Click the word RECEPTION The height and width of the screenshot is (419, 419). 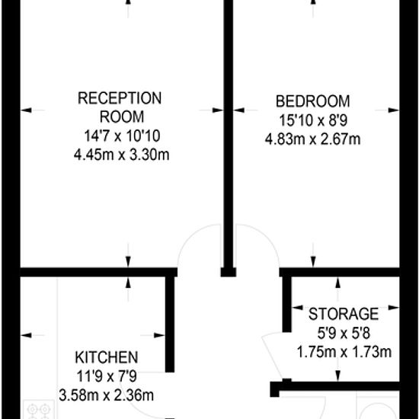pos(120,98)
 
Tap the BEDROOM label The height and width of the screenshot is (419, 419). pos(312,101)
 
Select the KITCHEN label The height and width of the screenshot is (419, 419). pos(107,357)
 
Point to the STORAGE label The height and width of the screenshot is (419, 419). pos(344,314)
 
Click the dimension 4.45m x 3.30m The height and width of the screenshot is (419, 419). pos(122,155)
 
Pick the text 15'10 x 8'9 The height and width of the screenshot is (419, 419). pos(313,120)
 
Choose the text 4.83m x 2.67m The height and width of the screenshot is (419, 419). pos(312,139)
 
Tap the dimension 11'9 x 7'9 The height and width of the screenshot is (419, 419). pos(107,376)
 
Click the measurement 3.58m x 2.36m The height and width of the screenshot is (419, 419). pos(107,395)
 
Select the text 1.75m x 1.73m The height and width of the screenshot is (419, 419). pos(344,352)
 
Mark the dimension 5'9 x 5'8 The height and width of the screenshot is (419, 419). pos(344,333)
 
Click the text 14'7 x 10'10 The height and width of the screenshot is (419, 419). pos(122,136)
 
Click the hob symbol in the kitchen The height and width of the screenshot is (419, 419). pos(39,410)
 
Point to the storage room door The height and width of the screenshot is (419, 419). pos(273,356)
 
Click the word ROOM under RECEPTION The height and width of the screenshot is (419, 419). pos(122,117)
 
